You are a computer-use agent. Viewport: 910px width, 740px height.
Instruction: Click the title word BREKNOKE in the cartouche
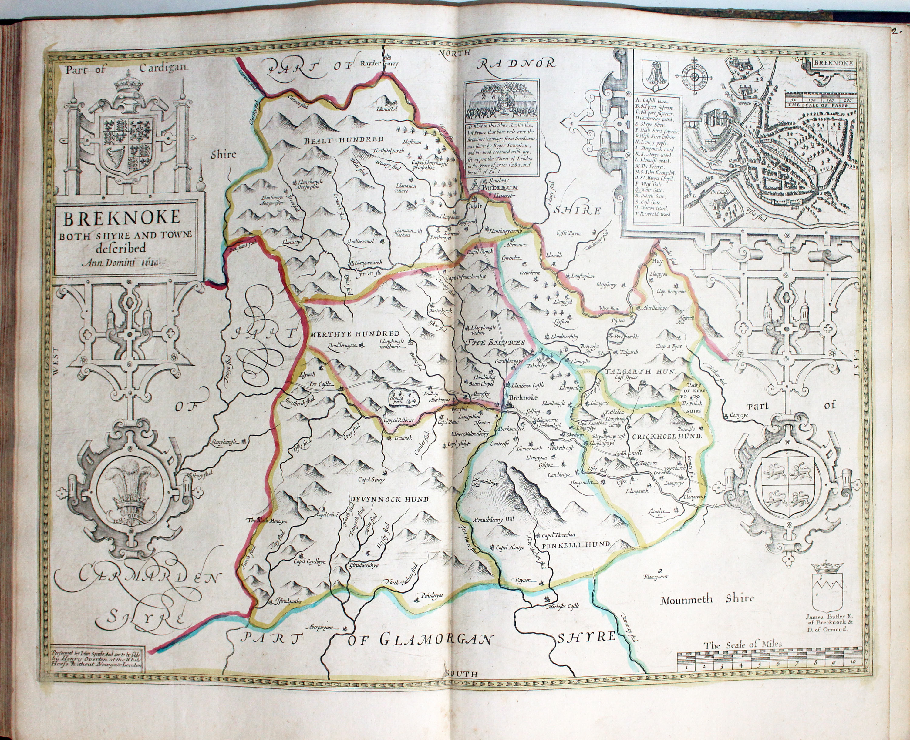click(122, 218)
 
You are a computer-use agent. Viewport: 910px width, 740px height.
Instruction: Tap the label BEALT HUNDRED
click(343, 140)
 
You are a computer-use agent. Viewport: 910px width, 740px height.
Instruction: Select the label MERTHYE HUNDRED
click(355, 334)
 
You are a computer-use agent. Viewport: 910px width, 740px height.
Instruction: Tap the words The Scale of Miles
click(743, 645)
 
